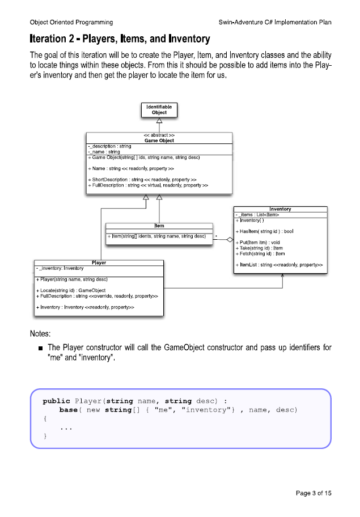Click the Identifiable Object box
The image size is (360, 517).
pos(159,109)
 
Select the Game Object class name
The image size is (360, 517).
pos(159,141)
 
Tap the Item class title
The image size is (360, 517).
pos(159,226)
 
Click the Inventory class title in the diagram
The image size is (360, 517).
pos(281,209)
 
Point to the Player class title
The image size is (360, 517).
pos(100,262)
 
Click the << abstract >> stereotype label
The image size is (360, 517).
pos(159,135)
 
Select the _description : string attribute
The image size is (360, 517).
pos(109,146)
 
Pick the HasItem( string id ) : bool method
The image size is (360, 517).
pos(264,231)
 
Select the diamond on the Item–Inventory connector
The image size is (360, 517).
pos(230,240)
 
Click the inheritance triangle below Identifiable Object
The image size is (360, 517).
pos(159,121)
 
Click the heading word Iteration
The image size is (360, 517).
pos(54,39)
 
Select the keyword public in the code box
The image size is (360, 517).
pos(56,401)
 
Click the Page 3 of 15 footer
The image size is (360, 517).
pos(314,493)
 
